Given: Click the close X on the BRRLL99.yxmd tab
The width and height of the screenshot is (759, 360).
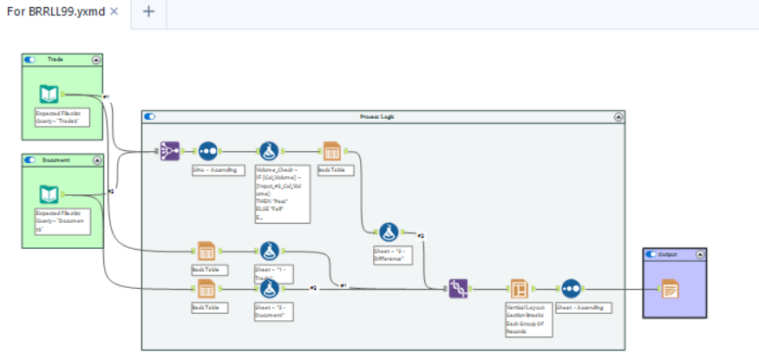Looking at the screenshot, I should click(114, 12).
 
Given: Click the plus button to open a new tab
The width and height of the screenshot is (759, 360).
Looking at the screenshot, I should click(147, 12).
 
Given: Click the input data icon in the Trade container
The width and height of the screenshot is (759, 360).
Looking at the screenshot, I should click(49, 95).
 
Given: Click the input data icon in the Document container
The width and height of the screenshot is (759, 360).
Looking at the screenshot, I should click(49, 195).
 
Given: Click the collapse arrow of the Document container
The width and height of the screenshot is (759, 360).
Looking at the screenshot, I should click(96, 160).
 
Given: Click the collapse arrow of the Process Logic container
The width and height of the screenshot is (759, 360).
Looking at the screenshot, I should click(618, 116).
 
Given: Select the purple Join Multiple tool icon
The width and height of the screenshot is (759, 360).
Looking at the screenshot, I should click(169, 151).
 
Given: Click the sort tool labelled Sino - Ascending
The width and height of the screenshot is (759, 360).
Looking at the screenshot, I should click(208, 151).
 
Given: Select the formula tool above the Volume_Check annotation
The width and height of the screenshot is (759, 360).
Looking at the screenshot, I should click(269, 151).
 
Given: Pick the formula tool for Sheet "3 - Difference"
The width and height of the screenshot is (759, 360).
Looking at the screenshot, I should click(389, 232).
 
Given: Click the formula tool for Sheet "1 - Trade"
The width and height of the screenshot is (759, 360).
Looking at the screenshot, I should click(268, 252).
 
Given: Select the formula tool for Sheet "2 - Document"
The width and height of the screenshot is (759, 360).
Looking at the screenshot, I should click(268, 288).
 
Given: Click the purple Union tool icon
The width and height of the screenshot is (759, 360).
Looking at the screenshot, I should click(459, 288).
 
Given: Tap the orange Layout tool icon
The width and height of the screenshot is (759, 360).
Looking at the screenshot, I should click(519, 288).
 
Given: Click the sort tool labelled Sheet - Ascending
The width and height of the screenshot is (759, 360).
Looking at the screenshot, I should click(571, 288).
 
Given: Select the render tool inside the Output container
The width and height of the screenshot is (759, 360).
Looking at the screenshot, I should click(670, 288).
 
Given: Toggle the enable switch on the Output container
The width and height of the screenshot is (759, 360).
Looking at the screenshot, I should click(651, 254).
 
